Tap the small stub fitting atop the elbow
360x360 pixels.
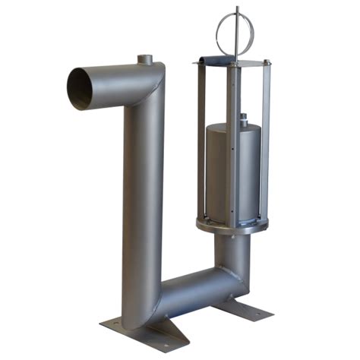[x=144, y=60]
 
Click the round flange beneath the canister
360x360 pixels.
[x=232, y=226]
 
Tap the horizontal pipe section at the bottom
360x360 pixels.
[x=197, y=292]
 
